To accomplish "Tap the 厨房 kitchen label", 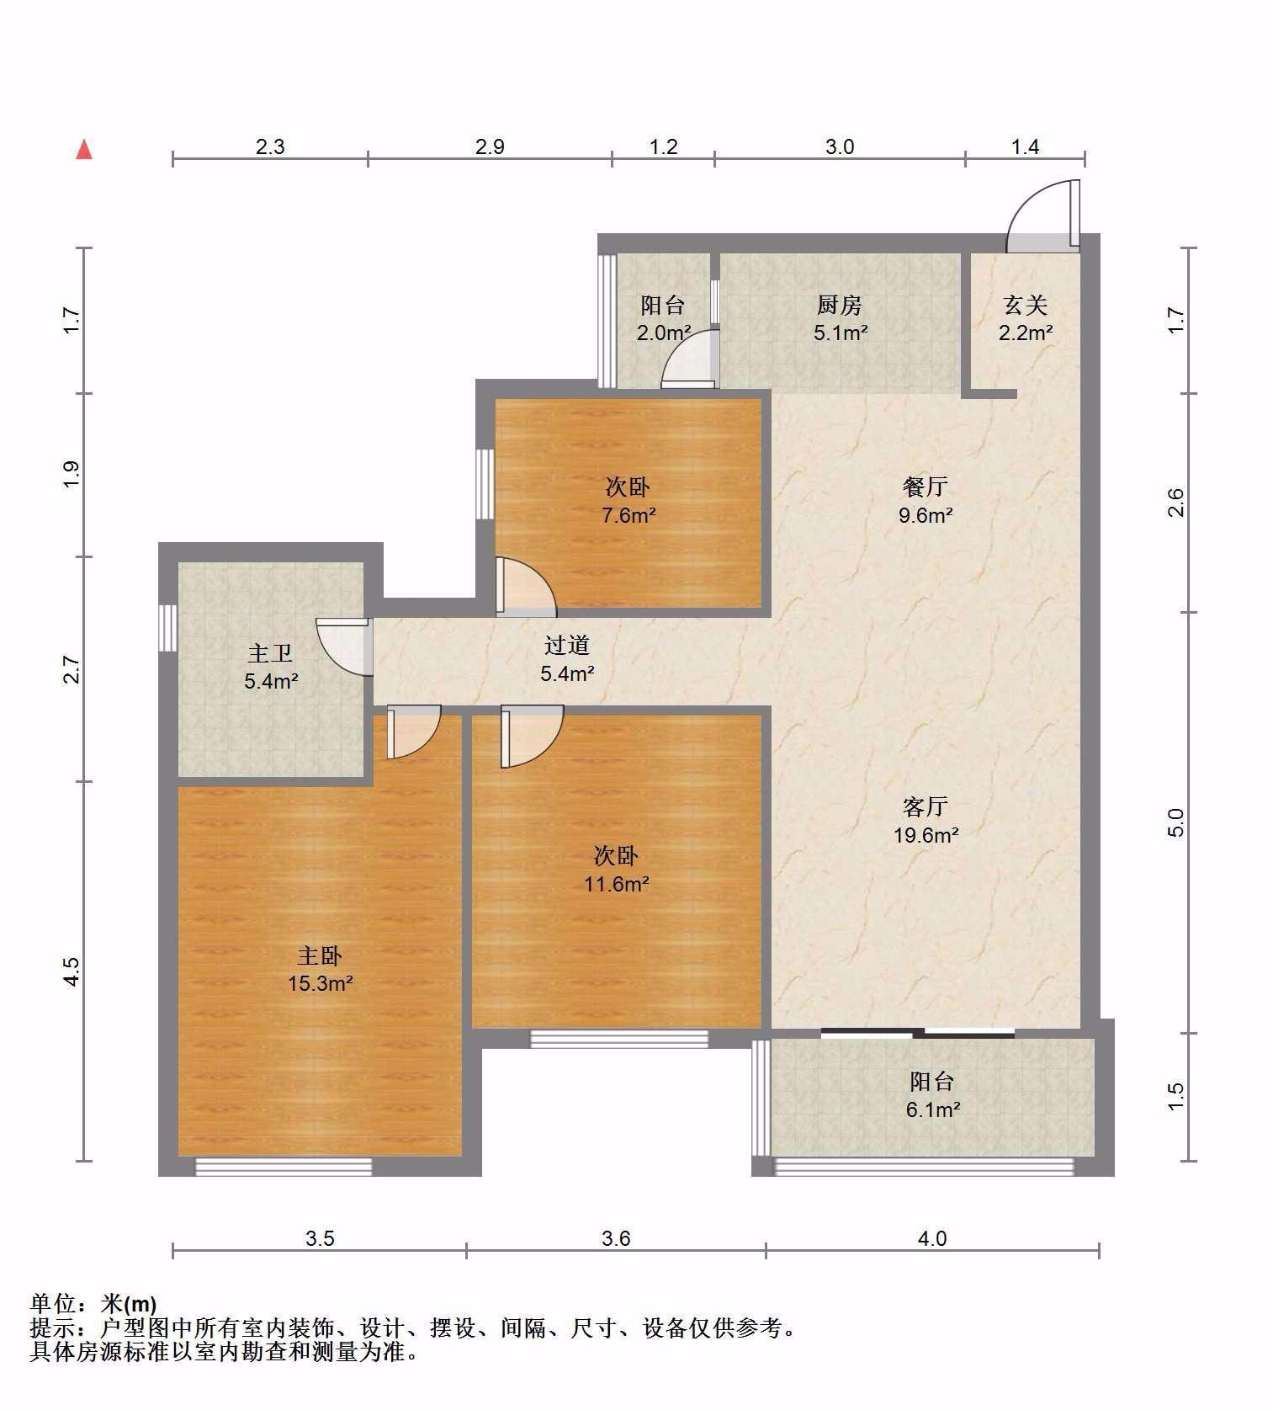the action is click(839, 304).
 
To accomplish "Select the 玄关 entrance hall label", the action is click(1025, 304).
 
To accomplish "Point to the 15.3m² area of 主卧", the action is click(320, 982).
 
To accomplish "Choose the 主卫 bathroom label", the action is click(270, 652).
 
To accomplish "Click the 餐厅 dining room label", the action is click(925, 486).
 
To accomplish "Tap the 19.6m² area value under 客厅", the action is click(925, 834).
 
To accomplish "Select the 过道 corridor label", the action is click(566, 645).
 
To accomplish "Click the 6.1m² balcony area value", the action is click(932, 1109).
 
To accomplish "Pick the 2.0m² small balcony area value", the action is click(664, 333).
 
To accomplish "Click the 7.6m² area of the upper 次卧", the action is click(628, 514).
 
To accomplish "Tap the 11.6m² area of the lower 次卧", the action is click(617, 884).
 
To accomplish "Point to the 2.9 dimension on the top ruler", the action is click(490, 146).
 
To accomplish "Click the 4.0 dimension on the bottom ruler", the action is click(931, 1238).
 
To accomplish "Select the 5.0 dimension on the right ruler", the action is click(1176, 822).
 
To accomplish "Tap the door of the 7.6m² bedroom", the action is click(525, 584).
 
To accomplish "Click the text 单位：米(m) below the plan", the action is click(93, 1303).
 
